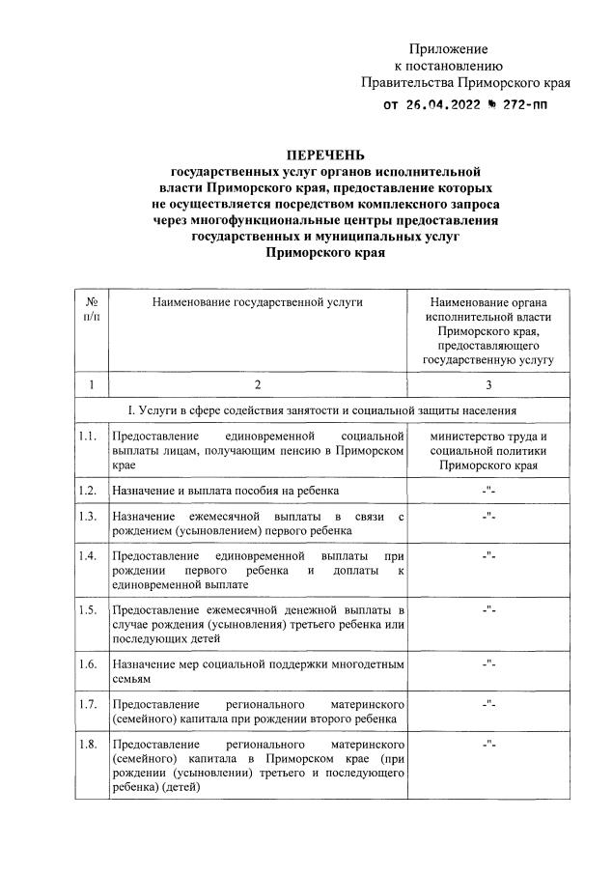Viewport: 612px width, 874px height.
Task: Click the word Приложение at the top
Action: click(x=449, y=48)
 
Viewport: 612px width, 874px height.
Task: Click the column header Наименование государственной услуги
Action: click(x=257, y=302)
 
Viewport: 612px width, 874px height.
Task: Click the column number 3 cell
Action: click(x=487, y=385)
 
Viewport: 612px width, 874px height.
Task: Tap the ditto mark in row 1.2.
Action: click(x=487, y=493)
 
